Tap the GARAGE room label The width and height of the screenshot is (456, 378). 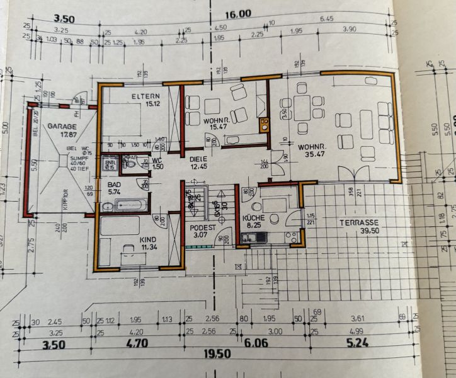(x=61, y=126)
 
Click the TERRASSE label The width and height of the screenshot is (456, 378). (x=359, y=222)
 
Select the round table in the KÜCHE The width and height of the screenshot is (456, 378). (x=257, y=209)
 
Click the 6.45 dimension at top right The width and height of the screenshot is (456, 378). (x=326, y=19)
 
